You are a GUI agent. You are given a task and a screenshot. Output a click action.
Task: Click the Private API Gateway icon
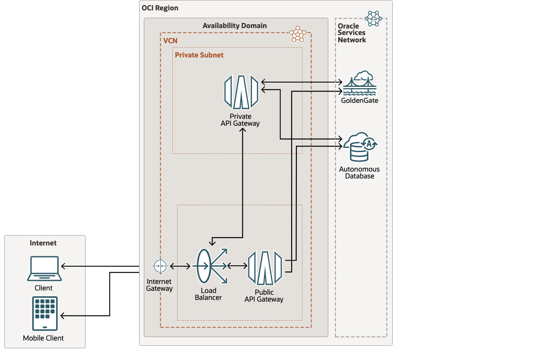[x=241, y=92]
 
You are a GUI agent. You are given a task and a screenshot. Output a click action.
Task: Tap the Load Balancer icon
[x=210, y=266]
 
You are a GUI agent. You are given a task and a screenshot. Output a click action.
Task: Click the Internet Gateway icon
[x=160, y=266]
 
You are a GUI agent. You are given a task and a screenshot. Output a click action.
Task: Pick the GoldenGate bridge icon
[x=360, y=84]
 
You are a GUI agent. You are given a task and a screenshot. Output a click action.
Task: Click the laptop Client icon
[x=44, y=268]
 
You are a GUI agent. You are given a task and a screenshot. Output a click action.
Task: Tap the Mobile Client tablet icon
[x=44, y=313]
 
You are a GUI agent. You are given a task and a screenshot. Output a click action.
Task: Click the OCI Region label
[x=160, y=8]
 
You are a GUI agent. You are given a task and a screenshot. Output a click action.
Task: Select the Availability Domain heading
[x=235, y=25]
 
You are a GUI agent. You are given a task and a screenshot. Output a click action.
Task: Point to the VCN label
[x=170, y=41]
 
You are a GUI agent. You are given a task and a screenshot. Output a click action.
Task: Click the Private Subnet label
[x=199, y=55]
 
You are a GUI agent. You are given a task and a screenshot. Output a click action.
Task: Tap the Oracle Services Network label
[x=352, y=33]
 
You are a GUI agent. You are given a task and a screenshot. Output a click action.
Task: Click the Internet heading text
[x=43, y=243]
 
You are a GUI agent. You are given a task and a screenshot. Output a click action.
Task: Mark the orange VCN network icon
[x=298, y=34]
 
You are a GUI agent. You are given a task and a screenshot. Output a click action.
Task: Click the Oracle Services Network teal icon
[x=373, y=18]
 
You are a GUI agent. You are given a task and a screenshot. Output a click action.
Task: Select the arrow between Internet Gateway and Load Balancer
[x=181, y=266]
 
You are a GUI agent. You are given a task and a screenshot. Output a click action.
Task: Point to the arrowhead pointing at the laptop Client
[x=64, y=266]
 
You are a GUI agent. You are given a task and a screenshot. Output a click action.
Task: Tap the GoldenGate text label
[x=359, y=101]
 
